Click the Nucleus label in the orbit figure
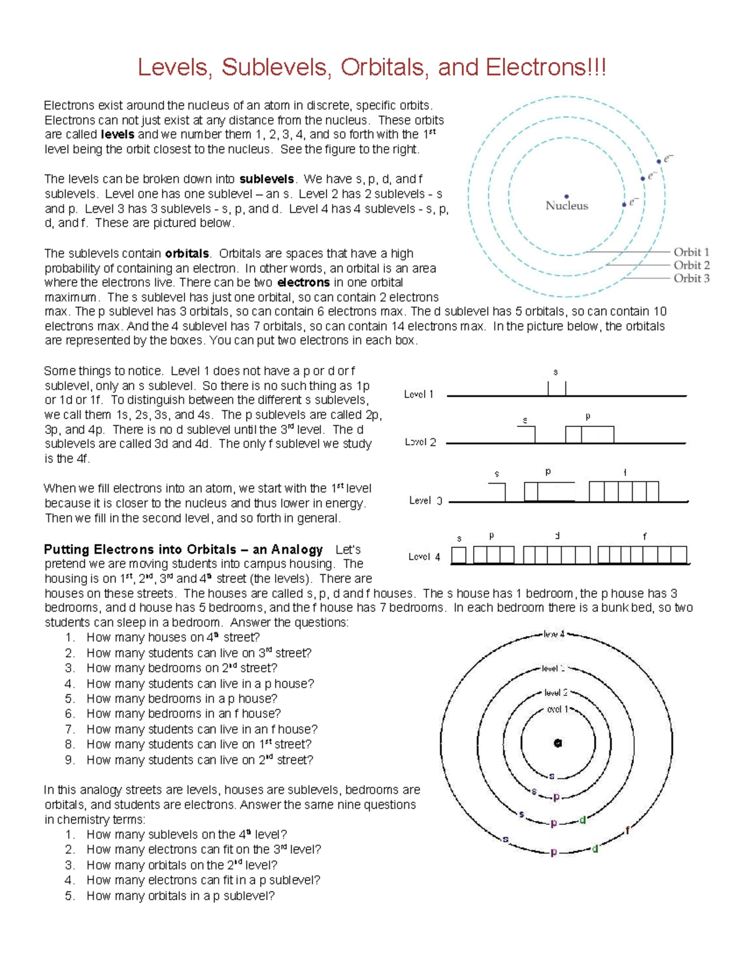(x=566, y=205)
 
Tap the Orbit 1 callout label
(x=691, y=252)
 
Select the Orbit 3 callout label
(x=691, y=278)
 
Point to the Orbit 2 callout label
(x=691, y=265)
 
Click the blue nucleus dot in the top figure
(x=566, y=196)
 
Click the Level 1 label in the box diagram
(x=419, y=394)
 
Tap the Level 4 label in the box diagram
(x=424, y=557)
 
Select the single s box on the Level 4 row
(x=459, y=554)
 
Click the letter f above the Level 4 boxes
(x=644, y=536)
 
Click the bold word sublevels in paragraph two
(x=266, y=179)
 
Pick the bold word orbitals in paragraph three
(x=187, y=253)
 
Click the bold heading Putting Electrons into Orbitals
(x=183, y=549)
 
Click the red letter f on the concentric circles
(x=628, y=831)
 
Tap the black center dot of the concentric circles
(x=558, y=742)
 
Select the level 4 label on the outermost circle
(x=554, y=634)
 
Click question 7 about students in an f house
(x=202, y=729)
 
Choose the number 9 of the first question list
(x=70, y=760)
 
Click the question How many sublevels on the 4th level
(x=186, y=835)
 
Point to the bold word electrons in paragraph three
(x=303, y=282)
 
